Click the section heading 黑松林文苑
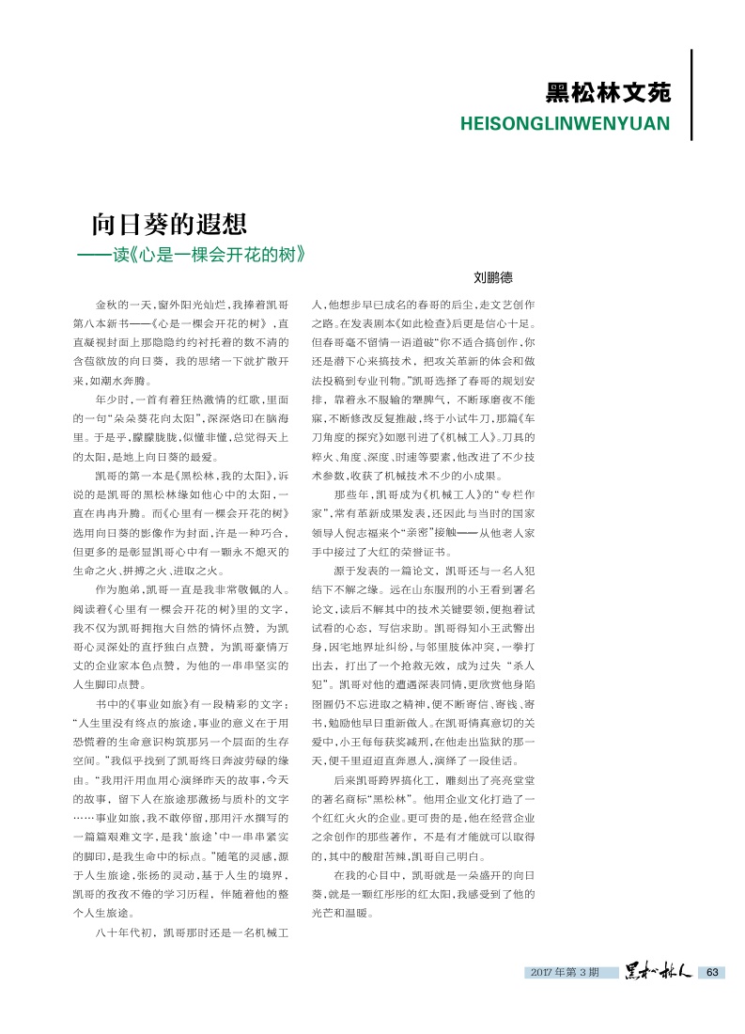click(x=608, y=94)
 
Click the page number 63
click(x=712, y=971)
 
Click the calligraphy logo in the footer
click(x=658, y=971)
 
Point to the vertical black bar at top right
click(x=691, y=94)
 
